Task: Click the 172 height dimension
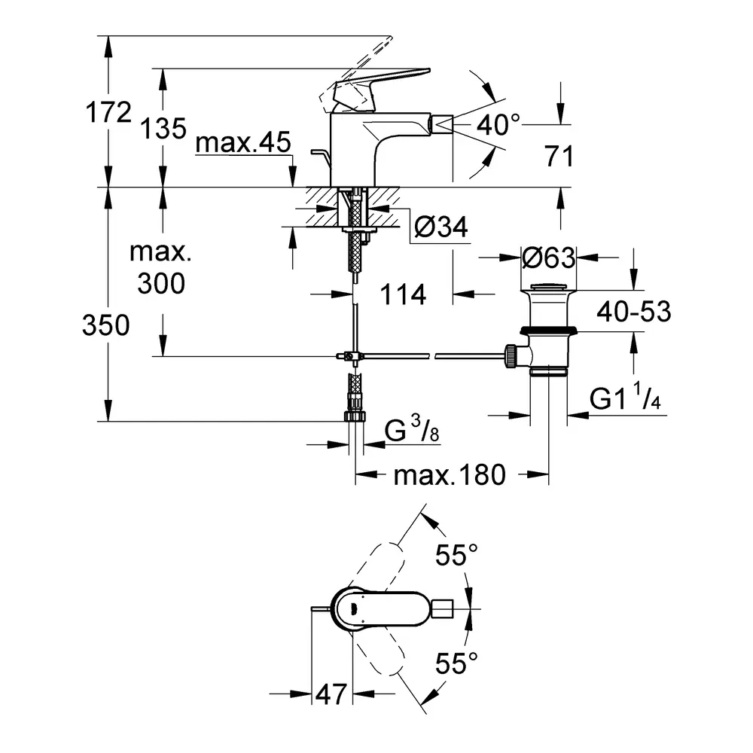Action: [x=108, y=113]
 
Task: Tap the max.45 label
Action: [x=242, y=144]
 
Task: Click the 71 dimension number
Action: [x=558, y=157]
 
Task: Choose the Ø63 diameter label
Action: [x=549, y=258]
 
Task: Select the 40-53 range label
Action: [x=633, y=311]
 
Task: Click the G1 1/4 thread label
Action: [x=625, y=399]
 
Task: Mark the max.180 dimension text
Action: [x=450, y=475]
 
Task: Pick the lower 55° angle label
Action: [x=457, y=663]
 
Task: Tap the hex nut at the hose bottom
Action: [x=355, y=416]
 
